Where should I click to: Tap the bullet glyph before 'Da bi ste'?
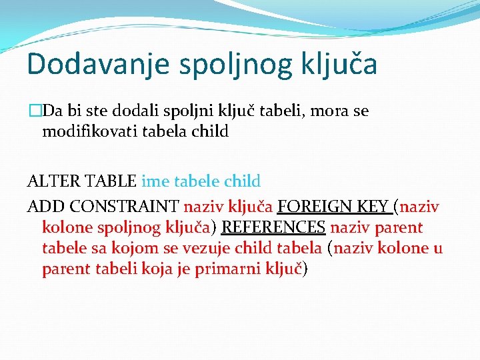35,111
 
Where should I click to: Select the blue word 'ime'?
155,181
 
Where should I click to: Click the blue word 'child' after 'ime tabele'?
243,181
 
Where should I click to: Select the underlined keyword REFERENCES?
273,228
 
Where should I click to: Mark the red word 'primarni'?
227,269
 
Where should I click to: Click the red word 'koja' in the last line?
157,269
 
